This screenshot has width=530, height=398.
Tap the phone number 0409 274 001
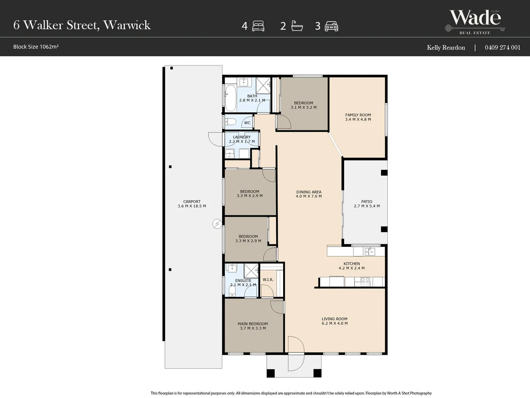(503, 47)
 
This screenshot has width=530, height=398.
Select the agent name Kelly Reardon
(446, 47)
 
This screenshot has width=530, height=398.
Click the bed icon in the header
(258, 26)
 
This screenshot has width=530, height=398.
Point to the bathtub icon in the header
(296, 26)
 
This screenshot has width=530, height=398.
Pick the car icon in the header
(331, 26)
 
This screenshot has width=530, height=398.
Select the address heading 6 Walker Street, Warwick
(82, 25)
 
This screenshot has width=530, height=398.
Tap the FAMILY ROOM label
(358, 115)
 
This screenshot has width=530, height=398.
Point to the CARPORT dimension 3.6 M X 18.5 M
(192, 206)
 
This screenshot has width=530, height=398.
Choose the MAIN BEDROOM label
(252, 324)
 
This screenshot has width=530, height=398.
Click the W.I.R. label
(268, 280)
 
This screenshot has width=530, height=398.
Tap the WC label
(247, 123)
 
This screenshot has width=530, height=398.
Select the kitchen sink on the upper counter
(369, 252)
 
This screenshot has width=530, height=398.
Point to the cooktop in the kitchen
(365, 282)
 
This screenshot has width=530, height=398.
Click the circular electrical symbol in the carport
(217, 224)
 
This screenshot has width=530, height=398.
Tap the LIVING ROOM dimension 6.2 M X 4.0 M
(334, 323)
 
